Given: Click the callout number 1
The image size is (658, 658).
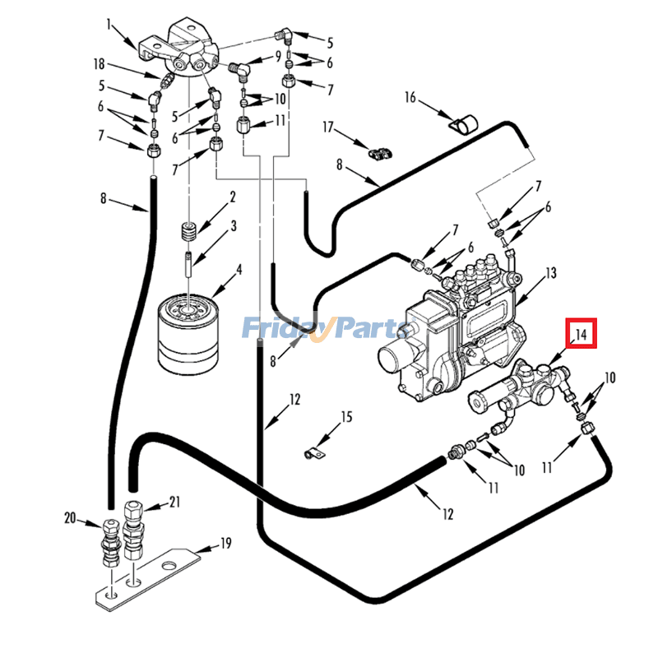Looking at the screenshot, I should click(x=108, y=25).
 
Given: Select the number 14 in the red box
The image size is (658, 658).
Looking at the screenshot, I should click(x=581, y=334).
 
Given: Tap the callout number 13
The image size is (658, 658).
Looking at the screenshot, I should click(x=551, y=272).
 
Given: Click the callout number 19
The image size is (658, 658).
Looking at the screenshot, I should click(x=225, y=543).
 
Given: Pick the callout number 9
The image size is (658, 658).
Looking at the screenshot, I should click(x=279, y=57).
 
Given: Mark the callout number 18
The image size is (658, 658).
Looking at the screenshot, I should click(x=100, y=63).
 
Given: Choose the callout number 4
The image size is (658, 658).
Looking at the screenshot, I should click(x=239, y=268).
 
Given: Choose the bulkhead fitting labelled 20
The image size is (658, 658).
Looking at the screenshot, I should click(x=111, y=544).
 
